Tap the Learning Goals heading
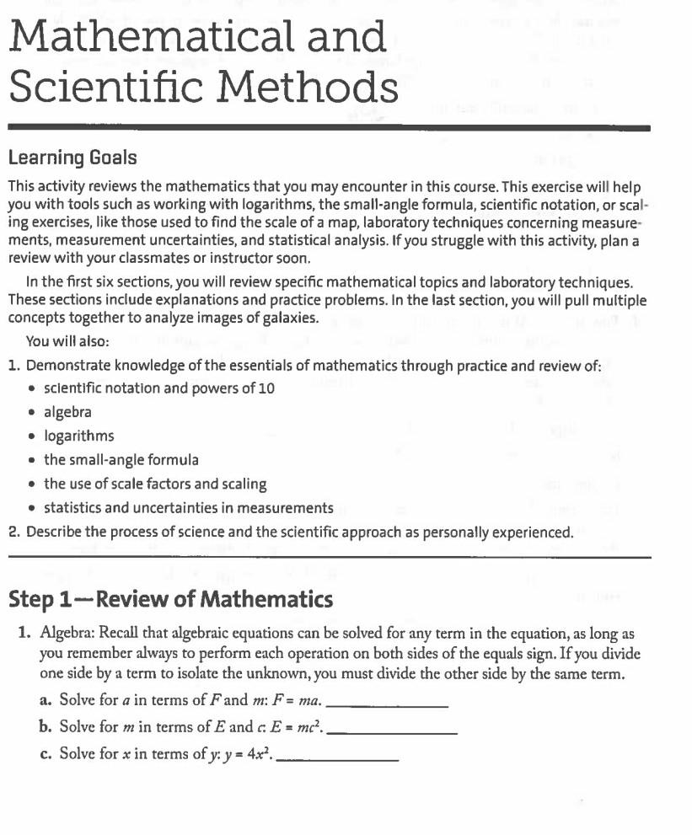[72, 158]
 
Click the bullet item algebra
[67, 412]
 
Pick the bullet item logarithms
[78, 436]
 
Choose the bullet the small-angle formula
[121, 460]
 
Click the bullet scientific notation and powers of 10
[158, 388]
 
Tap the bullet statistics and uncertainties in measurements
[188, 508]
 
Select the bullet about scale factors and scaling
[155, 484]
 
